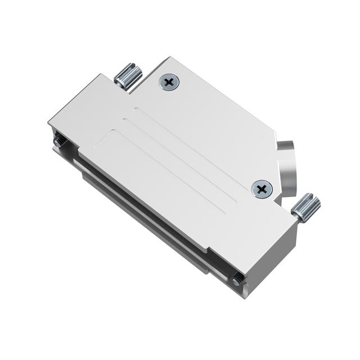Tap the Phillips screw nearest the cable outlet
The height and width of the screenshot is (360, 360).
coord(262,188)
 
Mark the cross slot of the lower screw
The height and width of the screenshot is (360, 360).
coord(262,188)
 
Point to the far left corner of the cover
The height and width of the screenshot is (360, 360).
coord(49,120)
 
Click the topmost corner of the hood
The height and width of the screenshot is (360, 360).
coord(169,57)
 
